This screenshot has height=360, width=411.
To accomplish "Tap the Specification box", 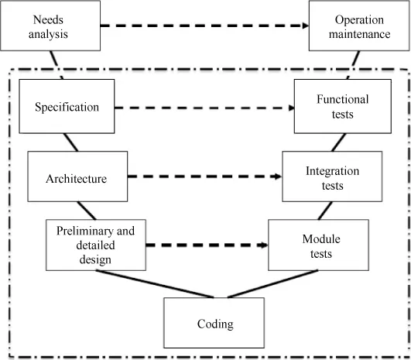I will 67,107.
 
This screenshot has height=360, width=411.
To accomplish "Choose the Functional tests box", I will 342,107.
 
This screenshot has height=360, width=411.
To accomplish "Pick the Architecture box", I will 77,179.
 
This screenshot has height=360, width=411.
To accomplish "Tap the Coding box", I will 214,324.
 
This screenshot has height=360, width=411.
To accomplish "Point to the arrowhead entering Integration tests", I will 278,177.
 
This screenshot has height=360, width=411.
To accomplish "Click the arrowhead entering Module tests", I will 264,246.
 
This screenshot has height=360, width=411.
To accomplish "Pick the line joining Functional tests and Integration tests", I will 338,142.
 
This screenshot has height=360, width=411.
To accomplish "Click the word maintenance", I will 359,35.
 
